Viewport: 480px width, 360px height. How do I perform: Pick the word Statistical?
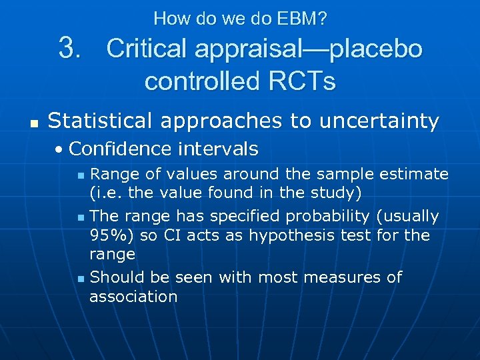click(104, 121)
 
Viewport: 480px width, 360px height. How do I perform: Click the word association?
click(133, 297)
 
